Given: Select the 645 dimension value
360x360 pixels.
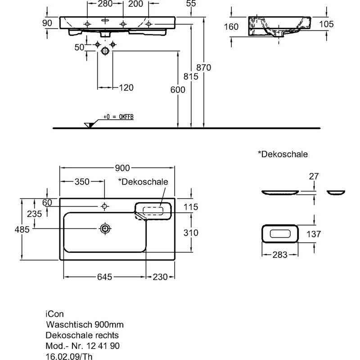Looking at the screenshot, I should click(104, 277).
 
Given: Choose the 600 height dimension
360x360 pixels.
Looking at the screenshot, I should click(178, 90).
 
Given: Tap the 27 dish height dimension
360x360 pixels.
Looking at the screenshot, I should click(314, 176).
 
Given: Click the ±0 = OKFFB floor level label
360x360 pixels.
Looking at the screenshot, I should click(119, 117).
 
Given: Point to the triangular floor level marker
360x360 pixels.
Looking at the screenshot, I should click(89, 125).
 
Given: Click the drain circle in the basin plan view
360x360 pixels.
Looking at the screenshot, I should click(105, 229).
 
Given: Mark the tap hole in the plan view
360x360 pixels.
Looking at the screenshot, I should click(105, 206).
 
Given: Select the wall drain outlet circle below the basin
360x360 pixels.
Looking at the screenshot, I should click(105, 51).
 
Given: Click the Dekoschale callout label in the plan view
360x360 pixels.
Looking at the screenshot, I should click(143, 181).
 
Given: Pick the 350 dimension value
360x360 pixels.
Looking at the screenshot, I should click(82, 181).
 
